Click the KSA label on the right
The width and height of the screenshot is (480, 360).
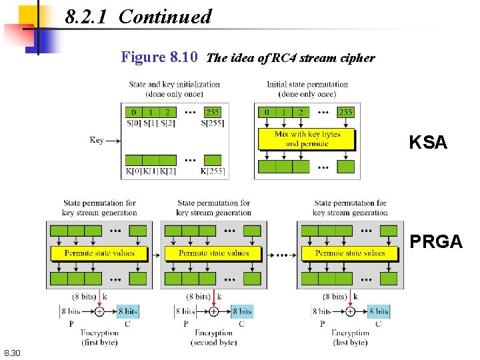pos(428,143)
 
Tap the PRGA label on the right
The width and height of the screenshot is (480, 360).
pos(436,242)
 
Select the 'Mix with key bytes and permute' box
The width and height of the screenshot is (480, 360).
pos(307,139)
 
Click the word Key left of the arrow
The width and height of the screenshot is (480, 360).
pos(97,140)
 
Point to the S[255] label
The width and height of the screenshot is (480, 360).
pos(212,123)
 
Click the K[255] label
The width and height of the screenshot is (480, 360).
pos(213,171)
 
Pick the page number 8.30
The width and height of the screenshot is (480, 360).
pos(12,353)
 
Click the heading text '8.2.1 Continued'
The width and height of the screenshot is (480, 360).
pos(139,17)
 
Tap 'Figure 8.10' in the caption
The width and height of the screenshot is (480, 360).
pos(159,57)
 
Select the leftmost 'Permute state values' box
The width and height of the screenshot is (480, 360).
pos(99,253)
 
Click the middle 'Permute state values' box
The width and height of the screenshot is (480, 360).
pos(214,253)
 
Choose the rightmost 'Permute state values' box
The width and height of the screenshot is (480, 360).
pos(350,253)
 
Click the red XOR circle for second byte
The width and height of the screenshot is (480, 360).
pos(214,311)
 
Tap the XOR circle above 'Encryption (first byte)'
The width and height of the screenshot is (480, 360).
pos(99,311)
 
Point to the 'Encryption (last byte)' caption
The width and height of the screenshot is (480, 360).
pos(350,337)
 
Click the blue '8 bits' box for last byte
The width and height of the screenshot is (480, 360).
pos(379,311)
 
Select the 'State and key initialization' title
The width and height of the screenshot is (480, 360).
pos(175,89)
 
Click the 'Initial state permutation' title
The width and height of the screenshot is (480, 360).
pos(307,89)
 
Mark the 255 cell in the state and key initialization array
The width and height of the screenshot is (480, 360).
pos(212,112)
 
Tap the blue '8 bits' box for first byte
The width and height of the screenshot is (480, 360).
pos(127,311)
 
